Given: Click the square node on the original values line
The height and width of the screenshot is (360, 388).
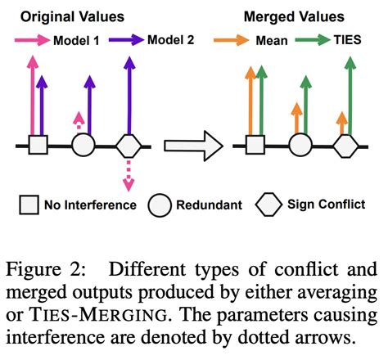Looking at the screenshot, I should point(38,146).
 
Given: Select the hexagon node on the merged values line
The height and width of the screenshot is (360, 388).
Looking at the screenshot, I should point(345,146).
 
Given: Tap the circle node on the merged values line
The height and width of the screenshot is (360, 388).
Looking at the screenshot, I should point(300,146).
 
